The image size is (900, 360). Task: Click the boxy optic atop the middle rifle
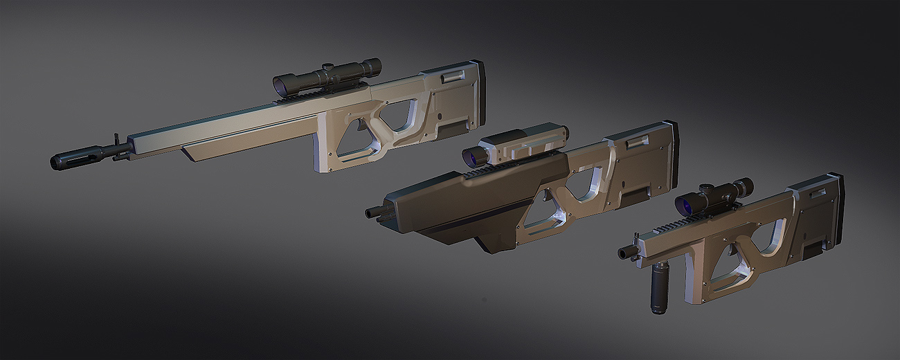523,142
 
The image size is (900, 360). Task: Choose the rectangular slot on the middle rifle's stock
636,144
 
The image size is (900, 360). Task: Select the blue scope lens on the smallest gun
686,204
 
